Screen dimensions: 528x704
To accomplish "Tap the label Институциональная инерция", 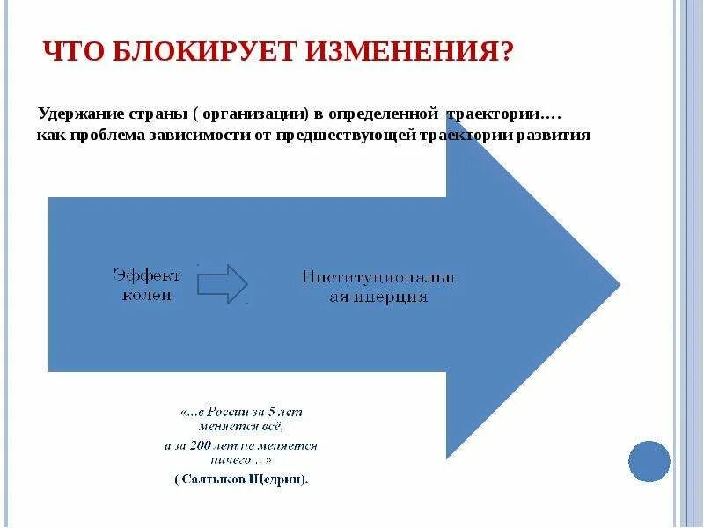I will [x=378, y=287].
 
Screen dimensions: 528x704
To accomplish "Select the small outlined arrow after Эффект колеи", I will [x=223, y=284].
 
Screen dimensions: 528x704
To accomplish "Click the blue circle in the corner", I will [x=649, y=461].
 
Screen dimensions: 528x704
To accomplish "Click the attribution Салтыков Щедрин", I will [x=241, y=480].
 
